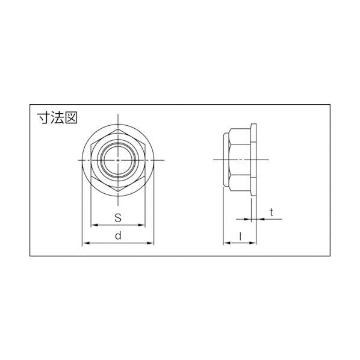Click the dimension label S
[118, 218]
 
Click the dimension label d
[118, 235]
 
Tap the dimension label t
[272, 213]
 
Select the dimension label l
[240, 236]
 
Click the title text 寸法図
[57, 118]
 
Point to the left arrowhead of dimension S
[95, 225]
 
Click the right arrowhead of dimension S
[141, 225]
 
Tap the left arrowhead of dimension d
[85, 243]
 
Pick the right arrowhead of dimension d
[151, 243]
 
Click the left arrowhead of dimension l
[227, 243]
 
